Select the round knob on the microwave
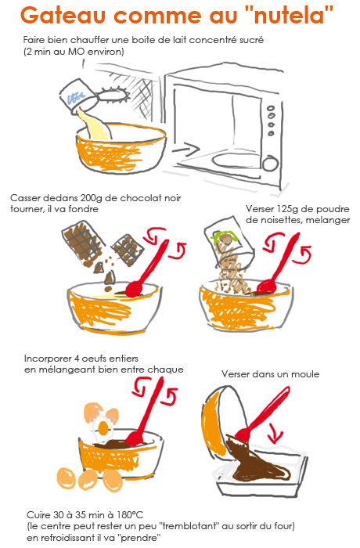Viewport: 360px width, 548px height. tap(270, 164)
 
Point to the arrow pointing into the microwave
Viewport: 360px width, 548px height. tap(186, 150)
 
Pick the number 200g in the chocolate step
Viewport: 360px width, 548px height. tap(92, 198)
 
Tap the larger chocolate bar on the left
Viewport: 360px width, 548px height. tap(82, 241)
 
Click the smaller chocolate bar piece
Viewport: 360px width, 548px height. tap(128, 251)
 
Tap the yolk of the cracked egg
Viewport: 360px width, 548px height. tap(103, 427)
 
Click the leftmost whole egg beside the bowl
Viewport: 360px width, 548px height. tap(66, 478)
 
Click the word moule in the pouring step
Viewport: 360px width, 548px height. tap(305, 374)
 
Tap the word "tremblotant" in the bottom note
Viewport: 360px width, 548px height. tap(192, 526)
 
